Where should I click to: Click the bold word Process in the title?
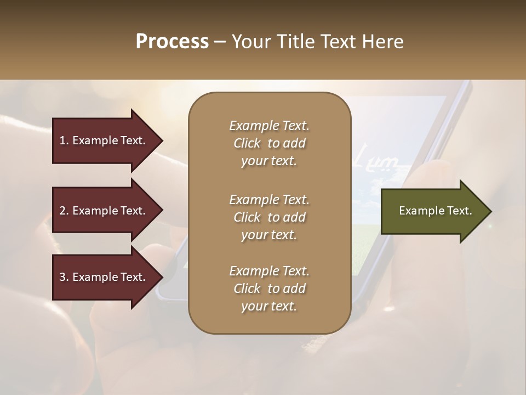pyautogui.click(x=172, y=42)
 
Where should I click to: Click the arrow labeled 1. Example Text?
pyautogui.click(x=104, y=140)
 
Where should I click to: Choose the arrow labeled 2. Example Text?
pyautogui.click(x=104, y=211)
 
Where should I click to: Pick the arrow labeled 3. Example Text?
pyautogui.click(x=104, y=277)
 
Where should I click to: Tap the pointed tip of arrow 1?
pyautogui.click(x=161, y=140)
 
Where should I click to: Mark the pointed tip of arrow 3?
pyautogui.click(x=161, y=277)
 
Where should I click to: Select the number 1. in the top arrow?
pyautogui.click(x=64, y=140)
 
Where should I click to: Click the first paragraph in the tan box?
pyautogui.click(x=269, y=143)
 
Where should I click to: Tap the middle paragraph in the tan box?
pyautogui.click(x=269, y=217)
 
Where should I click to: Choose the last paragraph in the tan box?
pyautogui.click(x=269, y=289)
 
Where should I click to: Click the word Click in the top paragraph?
pyautogui.click(x=247, y=143)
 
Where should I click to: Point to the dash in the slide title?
pyautogui.click(x=220, y=42)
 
